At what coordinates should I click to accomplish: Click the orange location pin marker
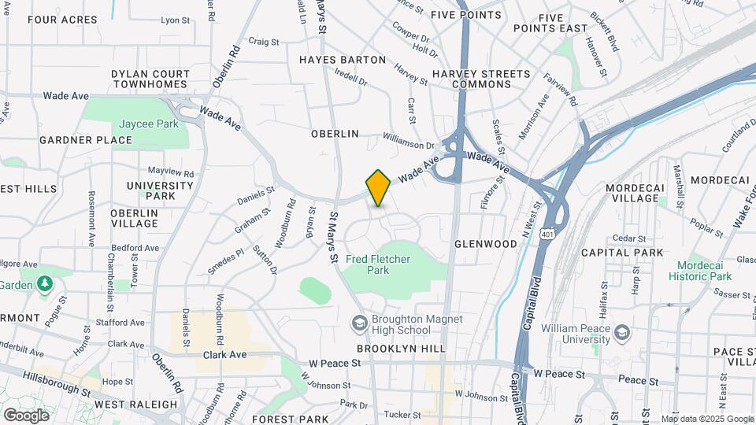(x=378, y=187)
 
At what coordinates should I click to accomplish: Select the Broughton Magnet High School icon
(x=360, y=323)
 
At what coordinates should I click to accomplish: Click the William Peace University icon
(x=621, y=331)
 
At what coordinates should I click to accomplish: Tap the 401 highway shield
(x=547, y=233)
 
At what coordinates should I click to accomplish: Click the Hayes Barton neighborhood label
(x=343, y=60)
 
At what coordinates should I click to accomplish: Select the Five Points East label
(x=562, y=23)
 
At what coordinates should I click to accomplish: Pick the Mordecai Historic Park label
(x=700, y=270)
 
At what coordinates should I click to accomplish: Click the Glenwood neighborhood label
(x=486, y=244)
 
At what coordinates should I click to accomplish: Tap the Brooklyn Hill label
(x=401, y=349)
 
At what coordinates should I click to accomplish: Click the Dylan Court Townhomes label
(x=150, y=79)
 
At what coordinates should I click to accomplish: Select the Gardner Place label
(x=86, y=140)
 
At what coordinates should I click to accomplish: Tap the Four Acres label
(x=62, y=20)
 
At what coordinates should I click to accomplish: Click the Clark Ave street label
(x=225, y=355)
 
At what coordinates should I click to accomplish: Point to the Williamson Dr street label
(x=408, y=146)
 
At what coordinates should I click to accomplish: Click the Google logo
(x=26, y=415)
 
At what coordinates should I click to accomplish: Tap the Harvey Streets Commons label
(x=481, y=79)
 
